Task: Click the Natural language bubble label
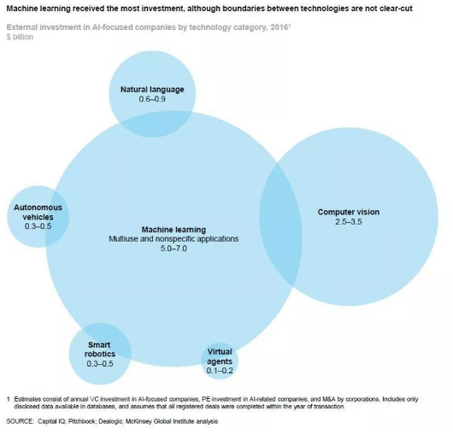(x=152, y=90)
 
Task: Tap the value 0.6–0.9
(x=152, y=99)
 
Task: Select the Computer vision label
(x=349, y=212)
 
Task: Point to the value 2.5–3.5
(x=349, y=222)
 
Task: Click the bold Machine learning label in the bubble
(x=174, y=230)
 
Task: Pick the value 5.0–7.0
(x=174, y=249)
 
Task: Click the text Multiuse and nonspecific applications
(x=174, y=239)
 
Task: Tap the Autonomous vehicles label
(x=38, y=212)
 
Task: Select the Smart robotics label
(x=100, y=349)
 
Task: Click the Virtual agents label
(x=220, y=356)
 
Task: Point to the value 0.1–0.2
(x=220, y=371)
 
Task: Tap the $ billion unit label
(x=20, y=37)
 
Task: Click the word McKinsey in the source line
(x=138, y=421)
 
